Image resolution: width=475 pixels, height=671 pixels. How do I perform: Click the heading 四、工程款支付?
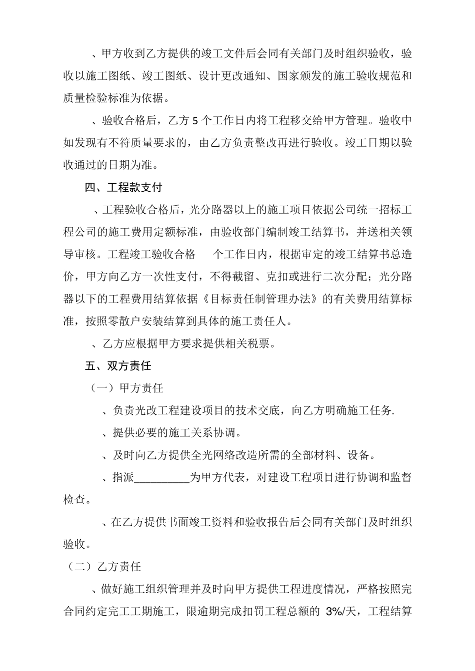[x=123, y=188]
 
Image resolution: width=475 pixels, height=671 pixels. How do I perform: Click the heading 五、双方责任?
[x=118, y=365]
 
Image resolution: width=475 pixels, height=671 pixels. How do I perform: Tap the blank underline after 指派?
[x=162, y=477]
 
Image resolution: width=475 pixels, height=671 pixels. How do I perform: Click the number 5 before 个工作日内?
[x=195, y=121]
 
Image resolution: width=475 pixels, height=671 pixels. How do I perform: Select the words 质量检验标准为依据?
[x=118, y=98]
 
